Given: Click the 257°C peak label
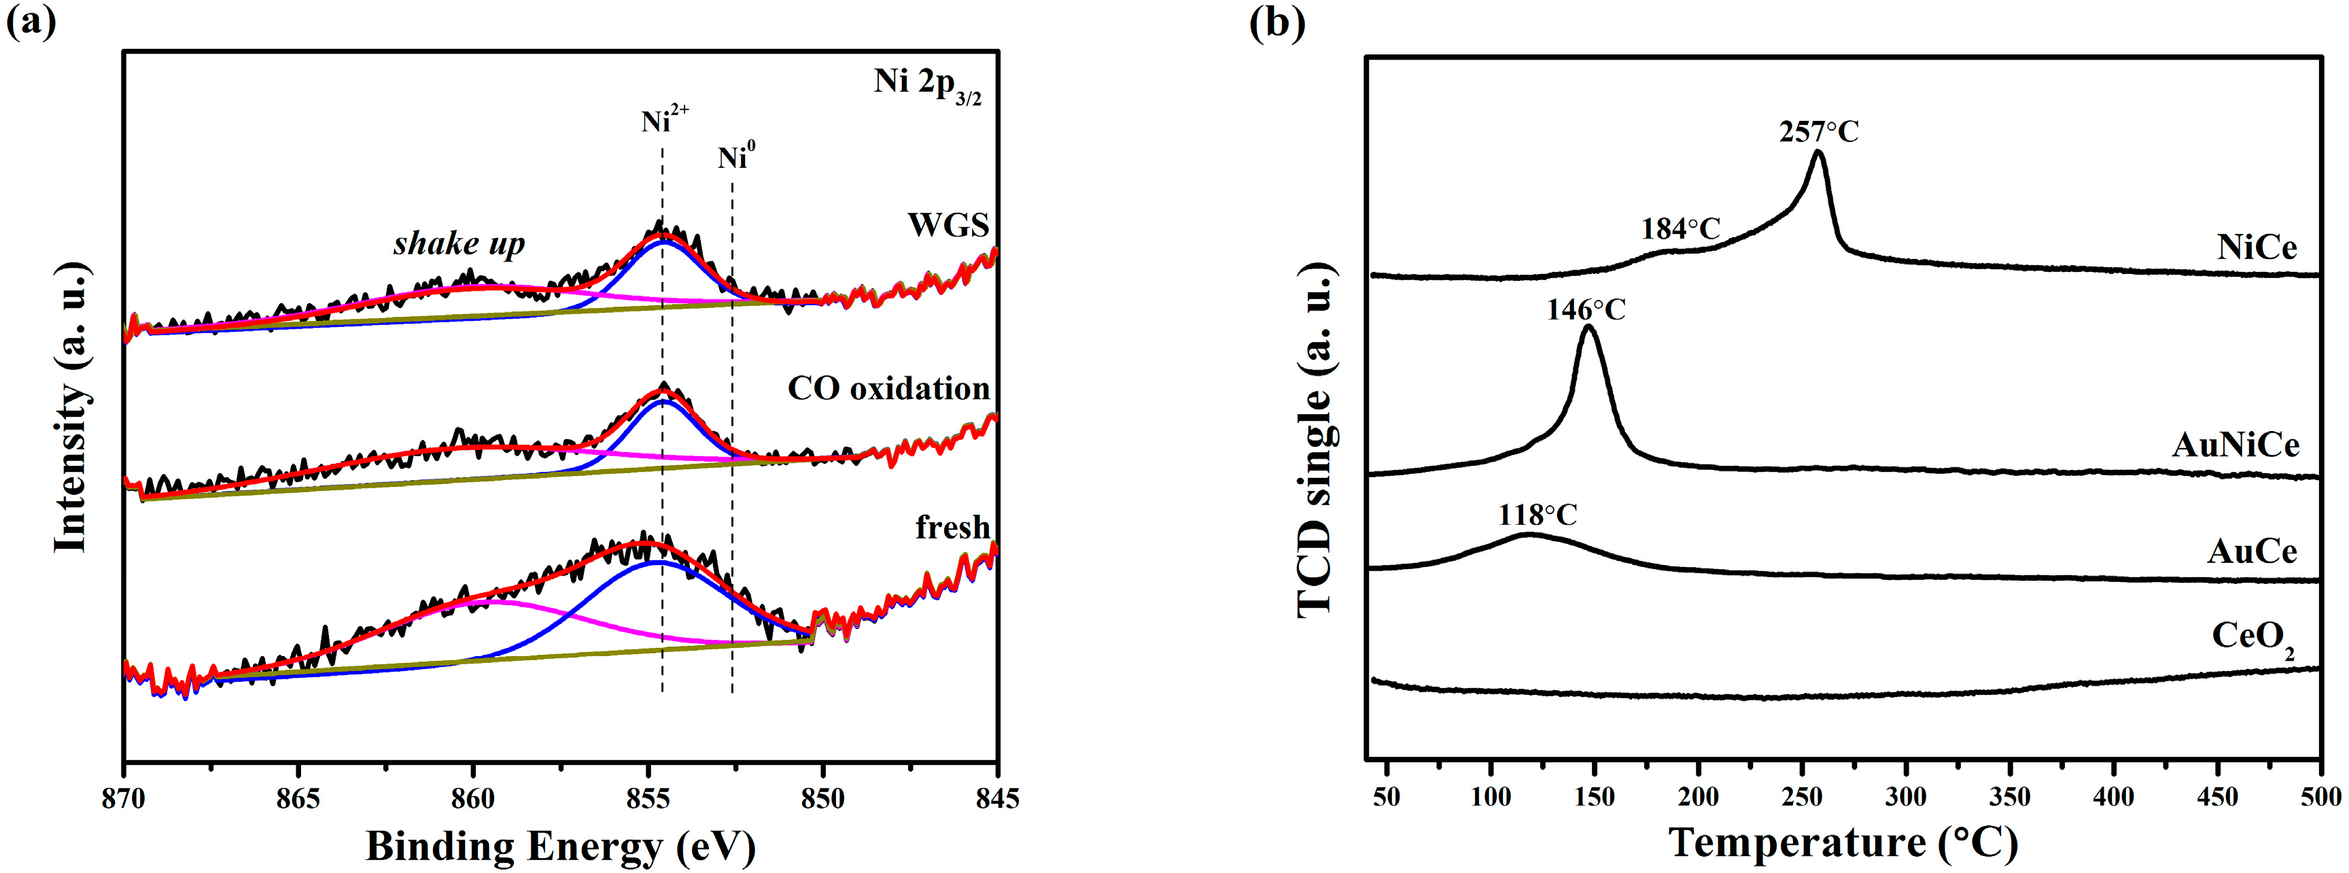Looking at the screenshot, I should point(1818,133).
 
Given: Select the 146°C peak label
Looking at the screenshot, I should point(1586,310).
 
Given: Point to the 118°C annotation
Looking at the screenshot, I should point(1537,515).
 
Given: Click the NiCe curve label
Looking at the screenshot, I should point(2256,247).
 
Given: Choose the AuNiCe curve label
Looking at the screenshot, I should point(2235,445).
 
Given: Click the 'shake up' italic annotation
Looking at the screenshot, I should point(459,243).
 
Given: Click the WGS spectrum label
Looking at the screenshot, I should point(947,224).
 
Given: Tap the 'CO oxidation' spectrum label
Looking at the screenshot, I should point(888,389).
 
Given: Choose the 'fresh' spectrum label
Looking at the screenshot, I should point(952,527).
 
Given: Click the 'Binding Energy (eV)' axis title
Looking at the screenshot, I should point(561,846).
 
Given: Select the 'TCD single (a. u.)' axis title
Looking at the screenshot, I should point(1316,441).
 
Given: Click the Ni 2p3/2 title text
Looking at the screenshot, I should point(926,84).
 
